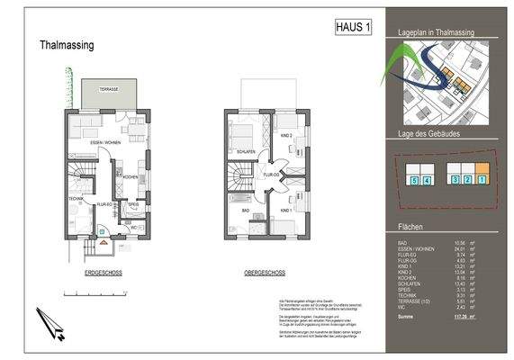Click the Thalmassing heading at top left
click(x=67, y=44)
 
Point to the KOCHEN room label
click(x=131, y=176)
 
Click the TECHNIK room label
click(x=75, y=199)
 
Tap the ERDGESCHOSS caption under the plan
click(x=103, y=271)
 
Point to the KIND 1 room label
click(x=286, y=209)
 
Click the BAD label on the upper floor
click(x=245, y=209)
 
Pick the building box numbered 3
click(x=456, y=180)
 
